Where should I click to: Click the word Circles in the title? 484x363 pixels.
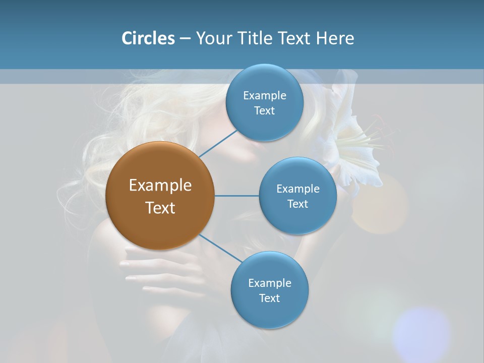(x=148, y=38)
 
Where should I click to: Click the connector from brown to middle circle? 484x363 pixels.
(x=236, y=196)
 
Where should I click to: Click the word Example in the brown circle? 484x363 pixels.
(x=160, y=186)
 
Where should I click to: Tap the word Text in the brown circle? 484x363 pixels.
(x=160, y=208)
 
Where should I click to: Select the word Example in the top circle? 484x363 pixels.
(x=264, y=95)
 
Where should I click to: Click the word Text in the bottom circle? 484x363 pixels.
(x=269, y=298)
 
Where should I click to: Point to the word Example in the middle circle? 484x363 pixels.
(x=297, y=189)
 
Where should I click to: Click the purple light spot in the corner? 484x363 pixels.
(x=421, y=333)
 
